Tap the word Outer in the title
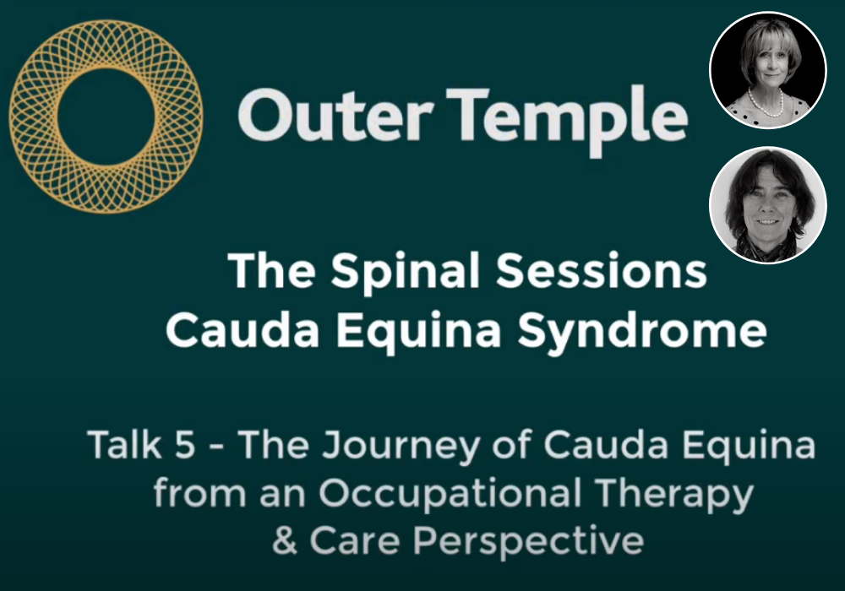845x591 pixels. (x=335, y=115)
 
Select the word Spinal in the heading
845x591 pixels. (x=405, y=271)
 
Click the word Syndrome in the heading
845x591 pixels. (x=642, y=332)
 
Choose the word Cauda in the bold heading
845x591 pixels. (x=243, y=329)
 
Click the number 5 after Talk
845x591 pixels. (x=185, y=445)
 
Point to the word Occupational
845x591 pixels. (x=450, y=495)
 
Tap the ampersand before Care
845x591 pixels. (x=285, y=540)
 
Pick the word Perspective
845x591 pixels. (x=528, y=543)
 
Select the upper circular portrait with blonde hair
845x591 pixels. (x=767, y=70)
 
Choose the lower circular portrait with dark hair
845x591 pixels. (x=767, y=204)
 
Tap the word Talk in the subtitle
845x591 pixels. (x=124, y=445)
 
